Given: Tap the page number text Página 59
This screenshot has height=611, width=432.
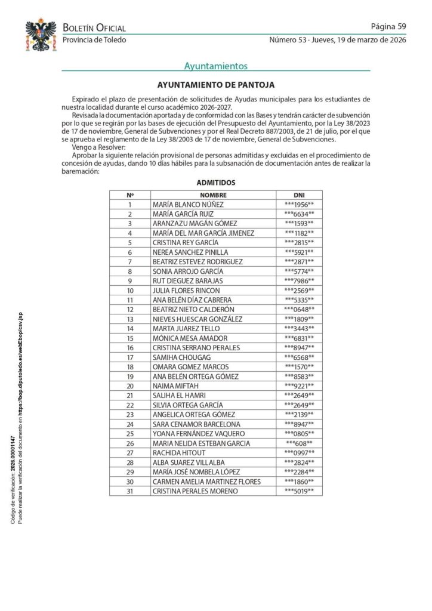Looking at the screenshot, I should (x=388, y=26).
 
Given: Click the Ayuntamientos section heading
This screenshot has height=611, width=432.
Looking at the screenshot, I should (x=216, y=66).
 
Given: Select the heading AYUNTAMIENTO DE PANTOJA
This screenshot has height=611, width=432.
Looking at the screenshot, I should (x=216, y=85).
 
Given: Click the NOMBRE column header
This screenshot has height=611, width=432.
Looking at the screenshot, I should (x=213, y=195).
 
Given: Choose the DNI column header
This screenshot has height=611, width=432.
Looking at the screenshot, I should (x=299, y=195).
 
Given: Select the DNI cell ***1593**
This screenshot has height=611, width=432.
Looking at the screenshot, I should (x=299, y=223).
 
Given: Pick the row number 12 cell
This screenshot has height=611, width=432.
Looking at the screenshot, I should (x=130, y=309).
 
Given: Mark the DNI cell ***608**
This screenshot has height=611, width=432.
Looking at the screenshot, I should (x=299, y=443).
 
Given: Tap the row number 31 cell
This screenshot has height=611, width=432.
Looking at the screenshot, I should (x=130, y=490).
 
